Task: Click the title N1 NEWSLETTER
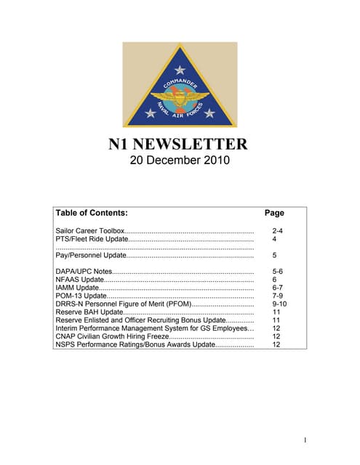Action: (179, 144)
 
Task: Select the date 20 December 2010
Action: (179, 160)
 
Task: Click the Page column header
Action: (274, 213)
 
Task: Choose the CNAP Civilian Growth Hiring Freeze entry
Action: (111, 336)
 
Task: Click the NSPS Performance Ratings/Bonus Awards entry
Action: (135, 344)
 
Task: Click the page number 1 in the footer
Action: (306, 439)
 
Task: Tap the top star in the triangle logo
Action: (180, 70)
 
